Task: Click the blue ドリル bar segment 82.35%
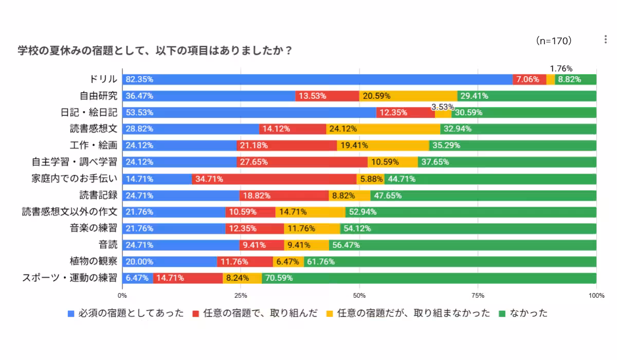[317, 79]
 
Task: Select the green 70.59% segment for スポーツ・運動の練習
[429, 278]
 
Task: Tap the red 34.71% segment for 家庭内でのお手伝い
[274, 179]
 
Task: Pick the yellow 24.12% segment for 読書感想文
[383, 129]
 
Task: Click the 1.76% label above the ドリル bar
[561, 68]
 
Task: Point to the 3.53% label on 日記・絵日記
[442, 107]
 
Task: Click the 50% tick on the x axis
[359, 296]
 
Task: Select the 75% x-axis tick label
[478, 296]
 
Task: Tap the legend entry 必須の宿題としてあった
[126, 313]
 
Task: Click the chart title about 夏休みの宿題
[155, 51]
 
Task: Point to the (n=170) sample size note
[553, 41]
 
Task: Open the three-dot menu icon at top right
[606, 40]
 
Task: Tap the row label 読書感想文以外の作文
[69, 212]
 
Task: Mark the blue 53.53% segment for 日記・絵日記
[249, 112]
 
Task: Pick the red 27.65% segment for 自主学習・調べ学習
[302, 162]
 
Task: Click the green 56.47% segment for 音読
[463, 245]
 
